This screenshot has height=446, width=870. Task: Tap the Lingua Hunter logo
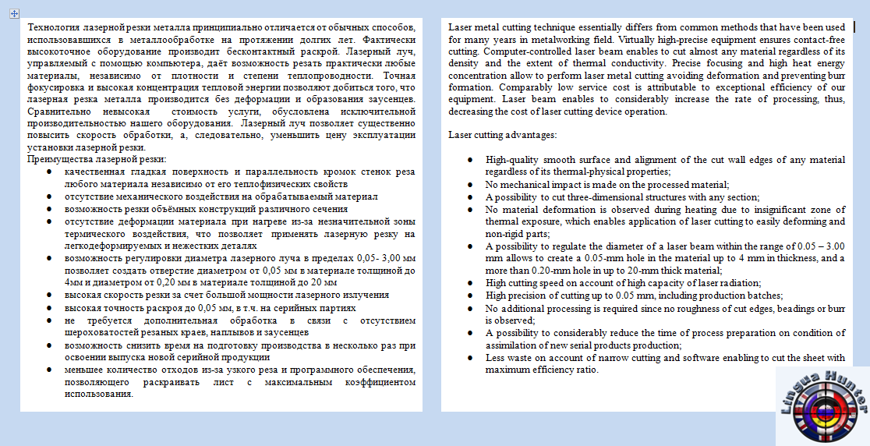pos(822,403)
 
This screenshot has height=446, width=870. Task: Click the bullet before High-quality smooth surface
pos(469,160)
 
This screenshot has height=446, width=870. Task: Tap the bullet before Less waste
pos(469,358)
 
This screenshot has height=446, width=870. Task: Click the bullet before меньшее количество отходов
pos(48,369)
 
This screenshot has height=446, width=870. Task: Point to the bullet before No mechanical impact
pos(469,185)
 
